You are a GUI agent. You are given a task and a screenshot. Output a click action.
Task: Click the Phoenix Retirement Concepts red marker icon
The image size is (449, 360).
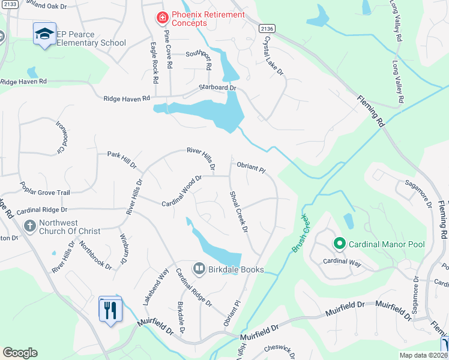pyautogui.click(x=162, y=19)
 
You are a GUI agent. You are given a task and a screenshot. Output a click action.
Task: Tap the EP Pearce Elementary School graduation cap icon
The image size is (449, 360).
pyautogui.click(x=44, y=34)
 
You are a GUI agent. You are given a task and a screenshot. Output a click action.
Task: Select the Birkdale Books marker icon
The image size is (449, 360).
pyautogui.click(x=199, y=269)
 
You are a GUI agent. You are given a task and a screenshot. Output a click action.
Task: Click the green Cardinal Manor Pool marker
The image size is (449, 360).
pyautogui.click(x=339, y=244)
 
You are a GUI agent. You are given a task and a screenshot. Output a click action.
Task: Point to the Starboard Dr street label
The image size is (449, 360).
pyautogui.click(x=218, y=88)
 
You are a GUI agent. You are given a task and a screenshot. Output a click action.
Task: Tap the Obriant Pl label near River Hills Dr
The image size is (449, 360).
pyautogui.click(x=250, y=166)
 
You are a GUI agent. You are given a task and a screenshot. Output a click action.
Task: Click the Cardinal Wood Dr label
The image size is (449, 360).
pyautogui.click(x=181, y=191)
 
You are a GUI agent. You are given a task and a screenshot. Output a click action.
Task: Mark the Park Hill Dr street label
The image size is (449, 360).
pyautogui.click(x=122, y=158)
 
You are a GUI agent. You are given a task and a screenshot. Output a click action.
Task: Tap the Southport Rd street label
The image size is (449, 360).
pyautogui.click(x=199, y=60)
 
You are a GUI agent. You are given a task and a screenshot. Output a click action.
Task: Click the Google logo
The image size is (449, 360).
pyautogui.click(x=20, y=352)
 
